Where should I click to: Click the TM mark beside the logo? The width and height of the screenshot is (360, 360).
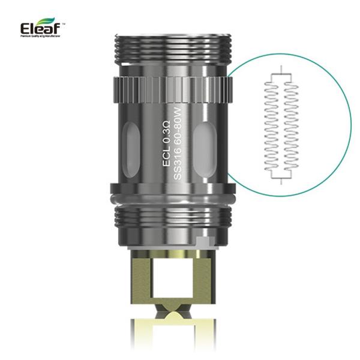click(63, 24)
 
